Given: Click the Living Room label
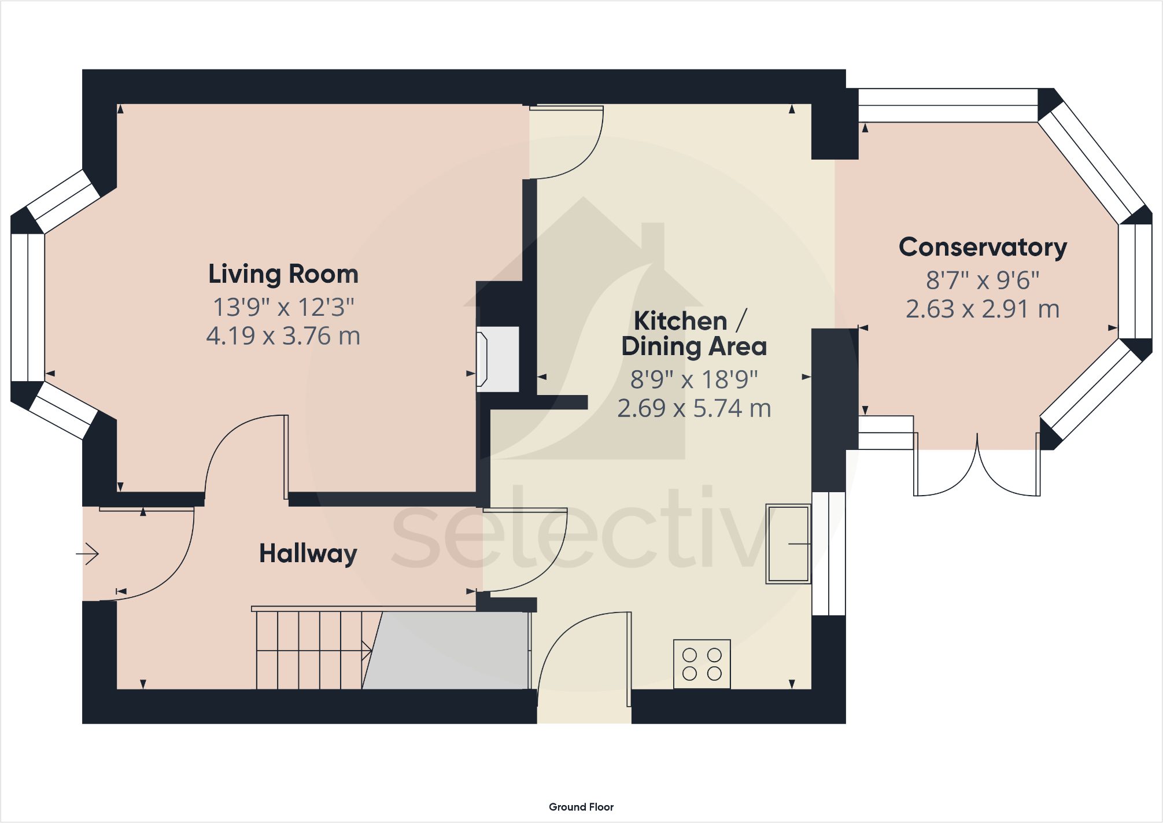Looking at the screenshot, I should click(x=283, y=274).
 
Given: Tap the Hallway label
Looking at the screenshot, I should click(x=308, y=553).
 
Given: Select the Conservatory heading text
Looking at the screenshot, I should click(x=983, y=248).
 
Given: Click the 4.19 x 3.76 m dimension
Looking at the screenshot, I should click(x=283, y=336).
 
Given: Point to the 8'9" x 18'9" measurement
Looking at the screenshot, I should click(x=694, y=380).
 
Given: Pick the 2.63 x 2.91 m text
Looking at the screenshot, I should click(x=983, y=309).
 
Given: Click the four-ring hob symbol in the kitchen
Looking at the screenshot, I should click(x=702, y=664).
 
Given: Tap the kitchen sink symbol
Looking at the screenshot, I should click(x=788, y=544).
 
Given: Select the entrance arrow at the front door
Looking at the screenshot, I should click(x=87, y=554).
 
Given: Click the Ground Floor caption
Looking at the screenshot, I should click(x=581, y=807).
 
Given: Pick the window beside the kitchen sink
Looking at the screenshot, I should click(x=829, y=553).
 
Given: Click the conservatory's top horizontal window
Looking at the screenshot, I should click(x=948, y=105).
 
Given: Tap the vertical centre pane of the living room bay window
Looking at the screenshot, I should click(x=28, y=307).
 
